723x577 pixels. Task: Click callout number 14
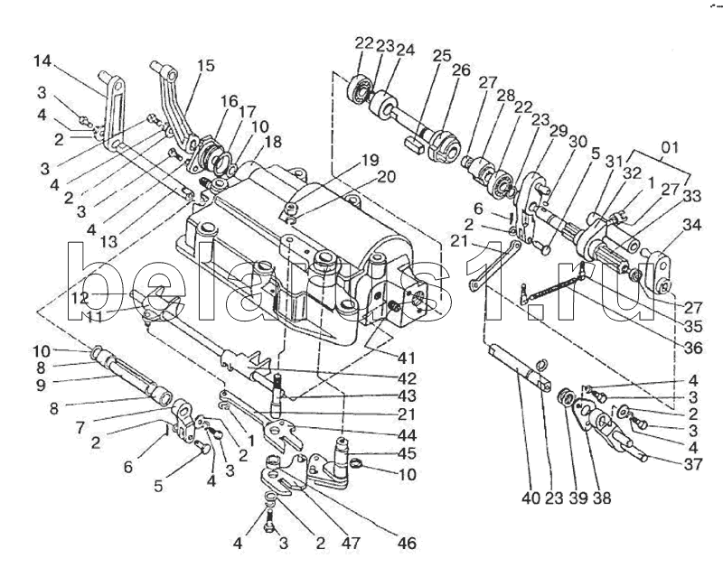[x=42, y=62]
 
